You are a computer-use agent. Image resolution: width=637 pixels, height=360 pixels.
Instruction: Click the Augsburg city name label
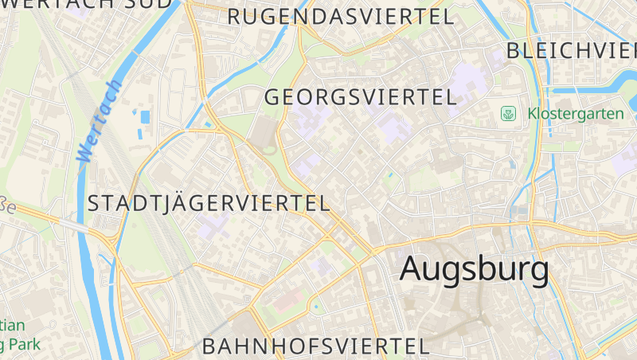pyautogui.click(x=475, y=269)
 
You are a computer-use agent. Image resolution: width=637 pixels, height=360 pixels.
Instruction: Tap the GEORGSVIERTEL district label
pyautogui.click(x=360, y=97)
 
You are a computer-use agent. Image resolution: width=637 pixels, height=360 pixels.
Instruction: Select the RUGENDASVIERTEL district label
pyautogui.click(x=341, y=17)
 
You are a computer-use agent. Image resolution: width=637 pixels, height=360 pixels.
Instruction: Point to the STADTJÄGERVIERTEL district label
pyautogui.click(x=209, y=203)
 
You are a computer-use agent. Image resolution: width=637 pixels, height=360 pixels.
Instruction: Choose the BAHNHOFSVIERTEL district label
pyautogui.click(x=316, y=346)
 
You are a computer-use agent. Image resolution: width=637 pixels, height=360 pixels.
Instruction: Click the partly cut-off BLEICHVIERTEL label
pyautogui.click(x=570, y=51)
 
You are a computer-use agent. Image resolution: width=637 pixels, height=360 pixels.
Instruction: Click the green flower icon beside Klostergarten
pyautogui.click(x=508, y=114)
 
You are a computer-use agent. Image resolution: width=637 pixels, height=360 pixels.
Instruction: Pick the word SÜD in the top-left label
pyautogui.click(x=147, y=3)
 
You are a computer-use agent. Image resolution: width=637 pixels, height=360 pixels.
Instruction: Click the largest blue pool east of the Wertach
pyautogui.click(x=145, y=117)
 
